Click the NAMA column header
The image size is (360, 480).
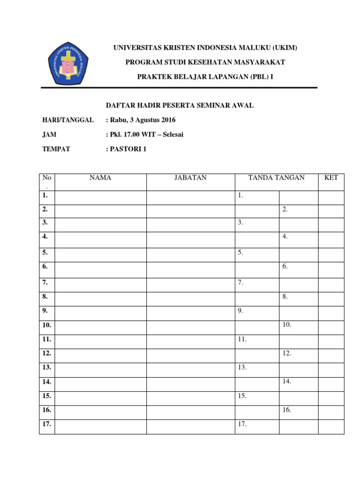click(100, 178)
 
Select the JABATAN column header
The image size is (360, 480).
click(190, 178)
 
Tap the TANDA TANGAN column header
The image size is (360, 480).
click(276, 178)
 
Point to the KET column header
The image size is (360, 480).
click(331, 178)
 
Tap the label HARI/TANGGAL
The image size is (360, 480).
click(68, 120)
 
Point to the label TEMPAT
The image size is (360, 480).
click(56, 149)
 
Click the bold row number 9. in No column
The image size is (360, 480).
click(45, 310)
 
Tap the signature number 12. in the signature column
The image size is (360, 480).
click(287, 353)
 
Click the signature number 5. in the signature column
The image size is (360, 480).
click(240, 253)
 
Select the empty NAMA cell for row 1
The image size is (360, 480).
click(100, 197)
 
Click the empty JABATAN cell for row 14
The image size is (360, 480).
click(190, 382)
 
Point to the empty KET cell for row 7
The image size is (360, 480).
click(331, 283)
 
